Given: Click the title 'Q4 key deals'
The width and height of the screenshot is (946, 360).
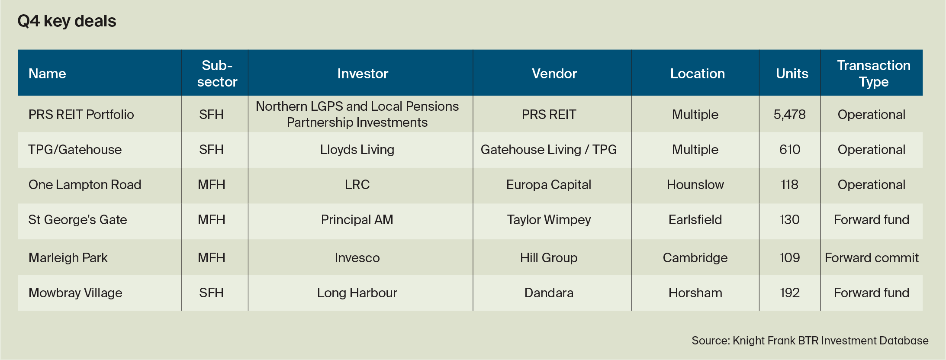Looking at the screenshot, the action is (67, 21).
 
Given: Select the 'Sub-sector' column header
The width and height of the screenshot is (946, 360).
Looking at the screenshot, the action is (217, 74).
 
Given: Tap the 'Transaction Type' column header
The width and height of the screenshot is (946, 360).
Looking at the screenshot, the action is (874, 74).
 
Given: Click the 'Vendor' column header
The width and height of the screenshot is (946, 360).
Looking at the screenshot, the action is (554, 74).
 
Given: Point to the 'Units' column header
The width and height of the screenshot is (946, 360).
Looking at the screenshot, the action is (792, 74).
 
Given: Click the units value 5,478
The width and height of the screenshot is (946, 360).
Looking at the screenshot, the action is (790, 114).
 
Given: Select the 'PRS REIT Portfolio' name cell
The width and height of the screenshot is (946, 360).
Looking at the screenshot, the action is (81, 114).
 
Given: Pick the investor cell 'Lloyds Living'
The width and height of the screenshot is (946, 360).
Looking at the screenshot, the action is (357, 150).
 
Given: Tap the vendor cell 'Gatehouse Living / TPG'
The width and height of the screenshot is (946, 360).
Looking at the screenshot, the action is (549, 150).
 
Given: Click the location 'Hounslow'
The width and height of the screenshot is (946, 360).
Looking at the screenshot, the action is (695, 185).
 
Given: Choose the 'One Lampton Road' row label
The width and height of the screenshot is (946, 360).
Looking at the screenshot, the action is (85, 185).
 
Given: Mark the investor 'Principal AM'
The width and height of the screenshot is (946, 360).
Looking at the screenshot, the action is (357, 220).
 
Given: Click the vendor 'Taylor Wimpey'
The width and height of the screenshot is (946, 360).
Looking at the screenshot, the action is (549, 220).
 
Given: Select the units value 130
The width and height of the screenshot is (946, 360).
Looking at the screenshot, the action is (790, 220).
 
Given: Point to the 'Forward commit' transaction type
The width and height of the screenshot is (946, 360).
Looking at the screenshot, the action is (872, 258).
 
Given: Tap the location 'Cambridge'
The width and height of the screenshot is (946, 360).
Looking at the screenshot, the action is (695, 258).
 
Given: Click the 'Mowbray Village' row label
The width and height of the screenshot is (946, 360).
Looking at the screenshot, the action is (75, 293).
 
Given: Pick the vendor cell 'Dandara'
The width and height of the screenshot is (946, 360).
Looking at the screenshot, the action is (549, 293).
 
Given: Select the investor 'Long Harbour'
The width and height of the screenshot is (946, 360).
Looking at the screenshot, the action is (357, 293).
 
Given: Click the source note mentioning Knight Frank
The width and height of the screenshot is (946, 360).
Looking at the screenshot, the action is (810, 341).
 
